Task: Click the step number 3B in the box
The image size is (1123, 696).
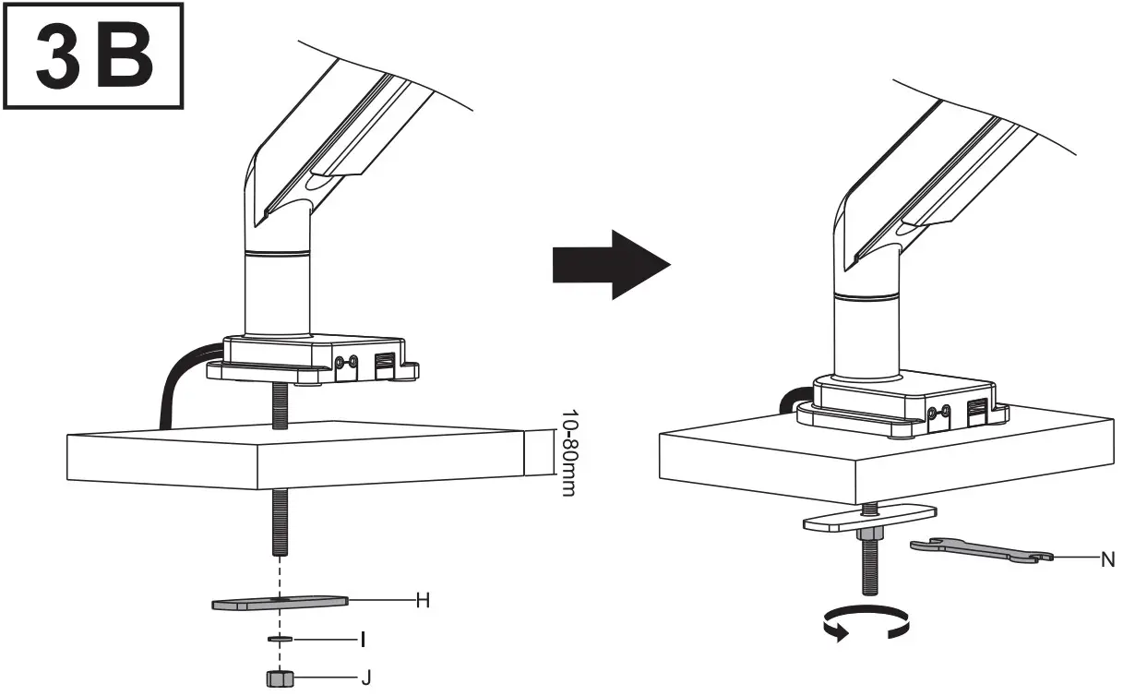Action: [x=91, y=56]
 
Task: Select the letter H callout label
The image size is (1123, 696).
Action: [x=423, y=600]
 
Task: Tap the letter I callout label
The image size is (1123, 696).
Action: [x=364, y=639]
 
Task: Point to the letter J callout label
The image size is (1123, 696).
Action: [x=365, y=678]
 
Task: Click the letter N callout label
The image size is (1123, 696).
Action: [x=1107, y=559]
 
